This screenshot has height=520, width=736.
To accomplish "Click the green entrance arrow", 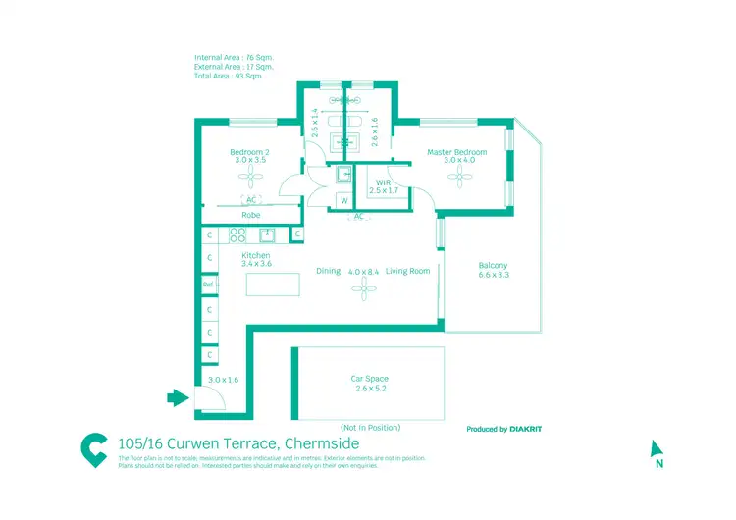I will coord(177,397).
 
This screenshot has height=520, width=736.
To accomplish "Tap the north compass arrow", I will coord(657,448).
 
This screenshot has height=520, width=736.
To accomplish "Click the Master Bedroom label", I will coord(456,152).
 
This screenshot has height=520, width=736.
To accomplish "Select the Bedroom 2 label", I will coord(250,152).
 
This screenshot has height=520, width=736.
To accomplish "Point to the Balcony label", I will coord(493,266).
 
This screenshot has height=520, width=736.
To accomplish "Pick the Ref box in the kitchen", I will coord(208,285).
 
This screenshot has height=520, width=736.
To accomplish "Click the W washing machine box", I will coord(344,201).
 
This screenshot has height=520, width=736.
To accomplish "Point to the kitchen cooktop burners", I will coord(237,234).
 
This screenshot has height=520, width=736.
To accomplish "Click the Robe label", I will coord(251,214).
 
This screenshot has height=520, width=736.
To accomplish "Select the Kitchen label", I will coord(256,256).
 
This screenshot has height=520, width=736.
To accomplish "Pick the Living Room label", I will coord(407,271).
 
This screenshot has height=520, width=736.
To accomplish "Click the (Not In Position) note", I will coord(369,427).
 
